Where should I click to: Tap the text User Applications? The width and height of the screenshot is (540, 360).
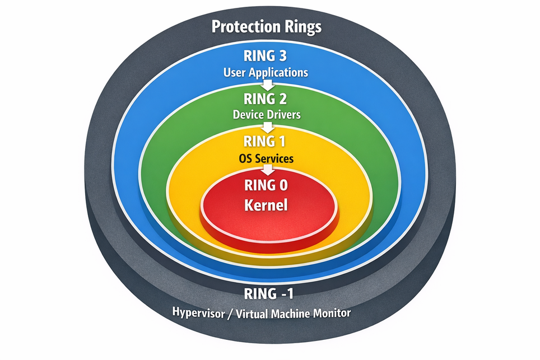click(266, 72)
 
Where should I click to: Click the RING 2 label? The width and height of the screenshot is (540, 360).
click(266, 99)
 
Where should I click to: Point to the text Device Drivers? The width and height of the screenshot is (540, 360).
click(267, 115)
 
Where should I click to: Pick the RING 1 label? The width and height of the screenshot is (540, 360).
click(267, 142)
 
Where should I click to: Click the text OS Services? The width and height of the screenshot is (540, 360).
click(267, 158)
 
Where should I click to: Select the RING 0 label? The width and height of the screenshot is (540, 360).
click(267, 185)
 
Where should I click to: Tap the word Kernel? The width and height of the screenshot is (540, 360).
click(267, 205)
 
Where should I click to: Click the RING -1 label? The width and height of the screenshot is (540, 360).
click(267, 293)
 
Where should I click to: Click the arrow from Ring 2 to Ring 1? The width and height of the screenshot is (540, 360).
click(267, 127)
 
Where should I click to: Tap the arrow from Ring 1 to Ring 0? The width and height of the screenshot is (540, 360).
click(267, 170)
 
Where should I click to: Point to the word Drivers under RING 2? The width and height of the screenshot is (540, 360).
click(285, 115)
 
